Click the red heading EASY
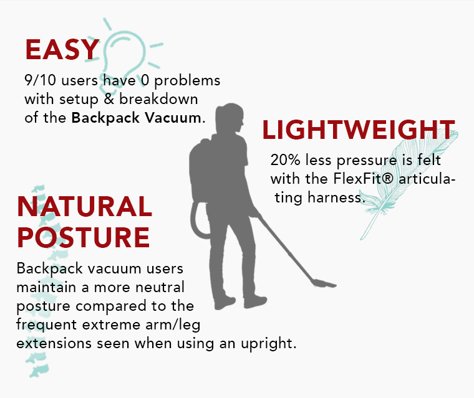(62, 50)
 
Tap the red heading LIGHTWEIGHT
(359, 130)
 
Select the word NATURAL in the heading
(85, 207)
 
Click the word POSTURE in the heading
(84, 237)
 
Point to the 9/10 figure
(40, 80)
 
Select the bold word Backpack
(105, 118)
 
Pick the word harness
(335, 197)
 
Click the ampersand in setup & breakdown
(109, 100)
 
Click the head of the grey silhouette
(230, 118)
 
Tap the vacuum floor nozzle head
(324, 283)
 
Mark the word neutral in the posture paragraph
(160, 287)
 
